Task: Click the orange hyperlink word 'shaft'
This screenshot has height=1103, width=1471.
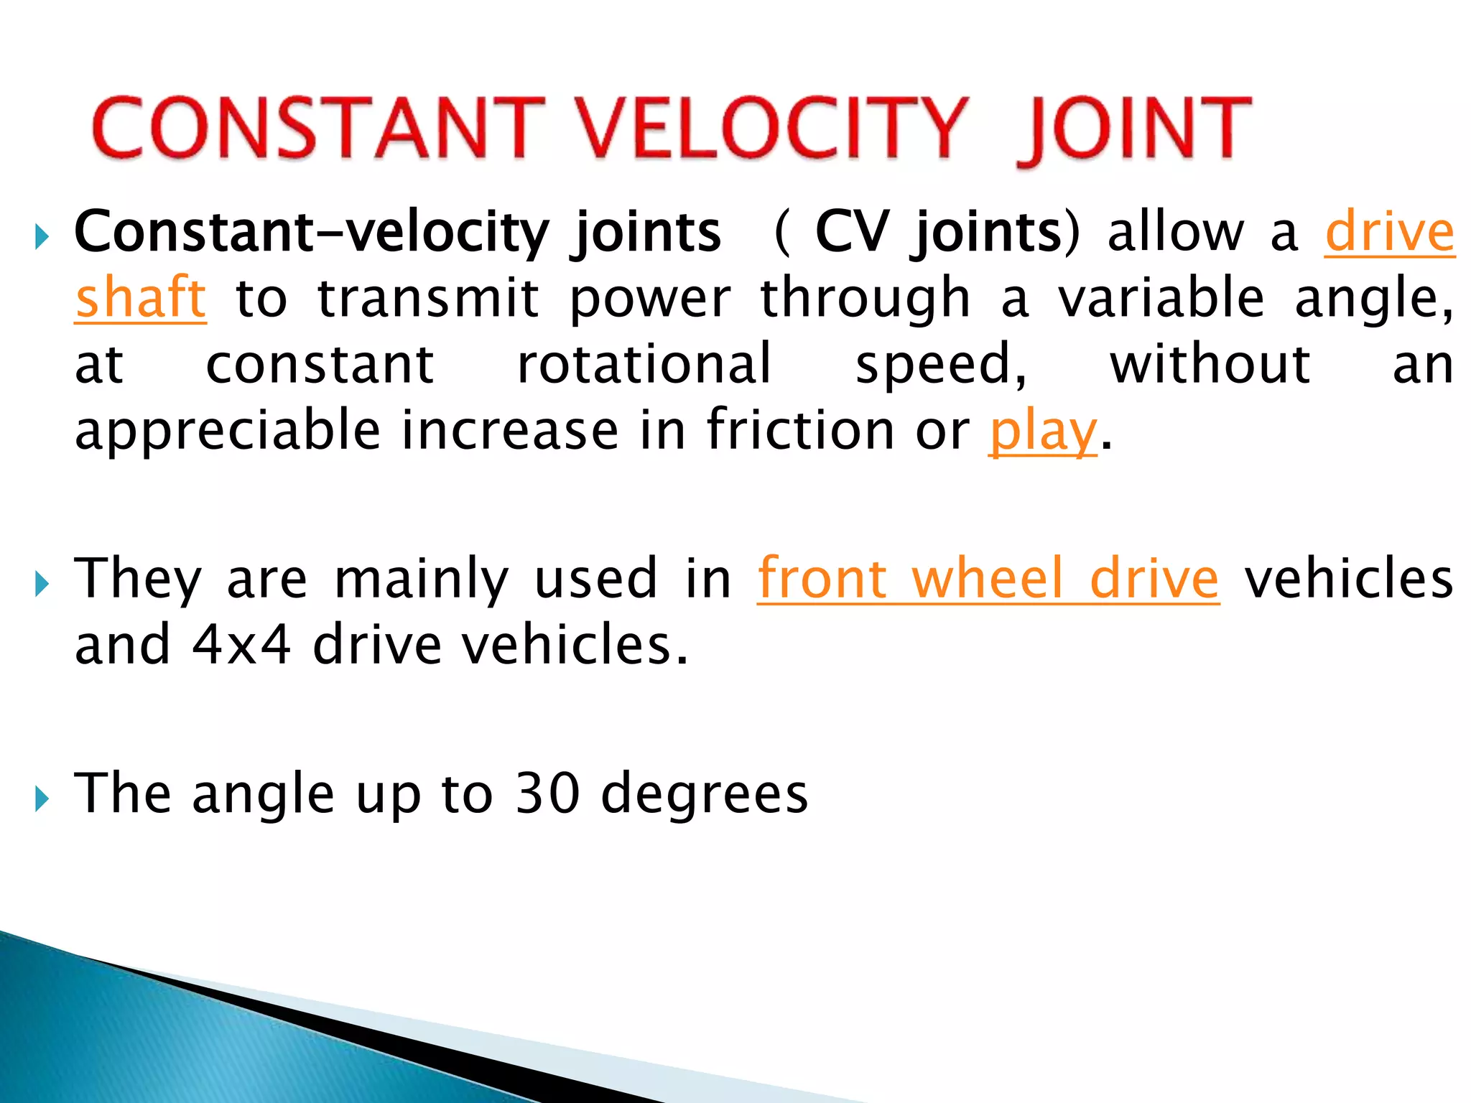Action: [x=141, y=297]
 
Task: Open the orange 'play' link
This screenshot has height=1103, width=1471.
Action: [x=1043, y=431]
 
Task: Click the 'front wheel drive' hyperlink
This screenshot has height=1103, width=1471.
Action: [x=988, y=578]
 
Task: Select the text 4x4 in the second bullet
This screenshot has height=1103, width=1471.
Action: [x=241, y=644]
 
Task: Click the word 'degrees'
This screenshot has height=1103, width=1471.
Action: [x=705, y=794]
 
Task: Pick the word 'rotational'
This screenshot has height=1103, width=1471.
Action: [x=644, y=364]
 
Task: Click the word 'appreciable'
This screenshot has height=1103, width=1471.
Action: [x=228, y=431]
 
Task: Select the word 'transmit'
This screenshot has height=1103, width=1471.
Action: [x=428, y=297]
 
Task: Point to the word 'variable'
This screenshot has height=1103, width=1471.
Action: [x=1161, y=297]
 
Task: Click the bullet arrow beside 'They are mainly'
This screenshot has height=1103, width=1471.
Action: [x=42, y=584]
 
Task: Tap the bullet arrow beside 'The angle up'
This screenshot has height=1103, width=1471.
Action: [x=42, y=798]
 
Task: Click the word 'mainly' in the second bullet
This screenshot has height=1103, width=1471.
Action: [x=422, y=579]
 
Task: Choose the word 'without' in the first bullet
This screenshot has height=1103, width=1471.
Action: [x=1210, y=364]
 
